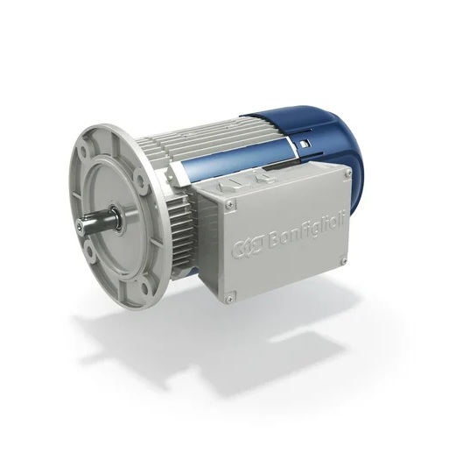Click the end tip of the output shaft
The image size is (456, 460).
click(x=80, y=227)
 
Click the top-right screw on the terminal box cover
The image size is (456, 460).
click(x=347, y=174)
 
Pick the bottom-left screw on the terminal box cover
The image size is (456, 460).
click(x=228, y=299)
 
